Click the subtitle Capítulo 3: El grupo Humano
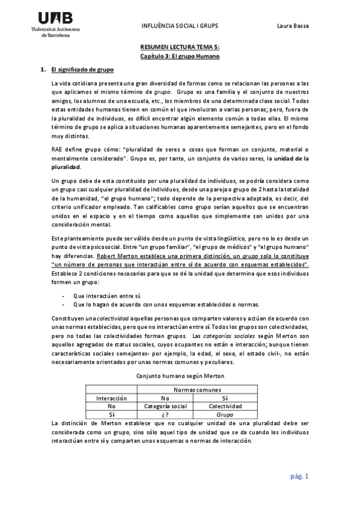click(x=180, y=56)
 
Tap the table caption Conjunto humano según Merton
click(x=180, y=375)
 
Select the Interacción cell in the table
click(x=112, y=398)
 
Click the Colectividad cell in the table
click(x=225, y=406)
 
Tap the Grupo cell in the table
click(x=225, y=414)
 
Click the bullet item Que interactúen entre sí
click(x=107, y=296)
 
